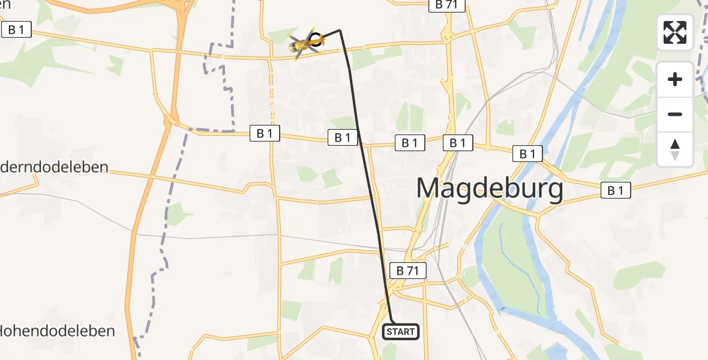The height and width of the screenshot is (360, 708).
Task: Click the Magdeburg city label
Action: click(x=490, y=188)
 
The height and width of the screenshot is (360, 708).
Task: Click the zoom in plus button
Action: click(x=675, y=79)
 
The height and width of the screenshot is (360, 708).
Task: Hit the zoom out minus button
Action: click(x=675, y=114)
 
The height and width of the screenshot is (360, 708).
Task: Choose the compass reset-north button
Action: click(x=675, y=149)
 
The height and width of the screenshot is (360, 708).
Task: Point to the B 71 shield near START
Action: click(x=408, y=271)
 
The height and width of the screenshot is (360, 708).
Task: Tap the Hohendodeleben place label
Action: click(x=57, y=331)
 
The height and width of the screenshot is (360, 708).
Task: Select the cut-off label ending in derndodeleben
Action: click(x=54, y=167)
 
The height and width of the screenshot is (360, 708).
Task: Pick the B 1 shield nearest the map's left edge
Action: click(x=16, y=29)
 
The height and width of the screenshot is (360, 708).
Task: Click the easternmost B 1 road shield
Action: click(x=616, y=191)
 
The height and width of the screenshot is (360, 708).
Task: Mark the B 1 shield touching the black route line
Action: click(x=343, y=137)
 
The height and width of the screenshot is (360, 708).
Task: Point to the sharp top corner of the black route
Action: click(x=340, y=30)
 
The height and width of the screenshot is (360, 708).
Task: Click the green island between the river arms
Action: click(x=510, y=264)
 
